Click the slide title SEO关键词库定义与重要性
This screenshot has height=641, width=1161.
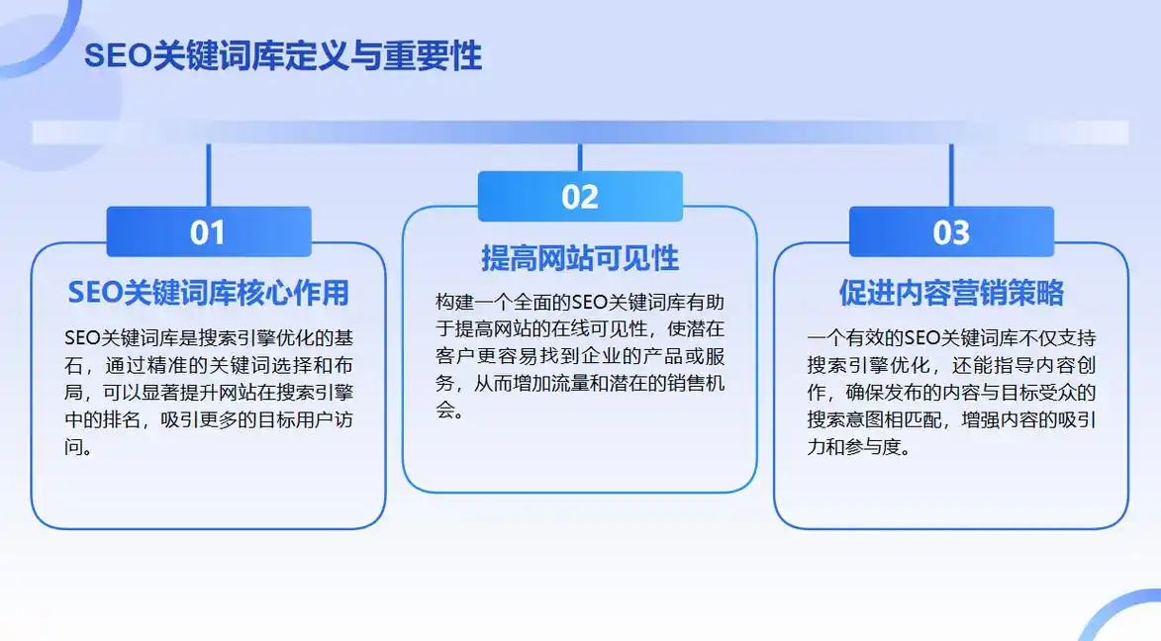pyautogui.click(x=283, y=56)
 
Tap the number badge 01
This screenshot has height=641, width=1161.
pyautogui.click(x=208, y=232)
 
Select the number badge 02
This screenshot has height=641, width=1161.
pyautogui.click(x=580, y=197)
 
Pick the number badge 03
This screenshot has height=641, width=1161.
pyautogui.click(x=951, y=232)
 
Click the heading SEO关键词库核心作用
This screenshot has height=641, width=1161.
pyautogui.click(x=208, y=293)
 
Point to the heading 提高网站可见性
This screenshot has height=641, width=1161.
pyautogui.click(x=580, y=258)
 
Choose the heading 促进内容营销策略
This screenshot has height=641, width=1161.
pyautogui.click(x=951, y=293)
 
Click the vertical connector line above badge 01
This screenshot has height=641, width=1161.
pyautogui.click(x=209, y=175)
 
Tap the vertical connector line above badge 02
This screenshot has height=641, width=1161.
pyautogui.click(x=580, y=157)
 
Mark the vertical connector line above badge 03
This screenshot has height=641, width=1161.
pyautogui.click(x=951, y=175)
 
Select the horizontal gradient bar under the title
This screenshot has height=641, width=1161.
pyautogui.click(x=580, y=133)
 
